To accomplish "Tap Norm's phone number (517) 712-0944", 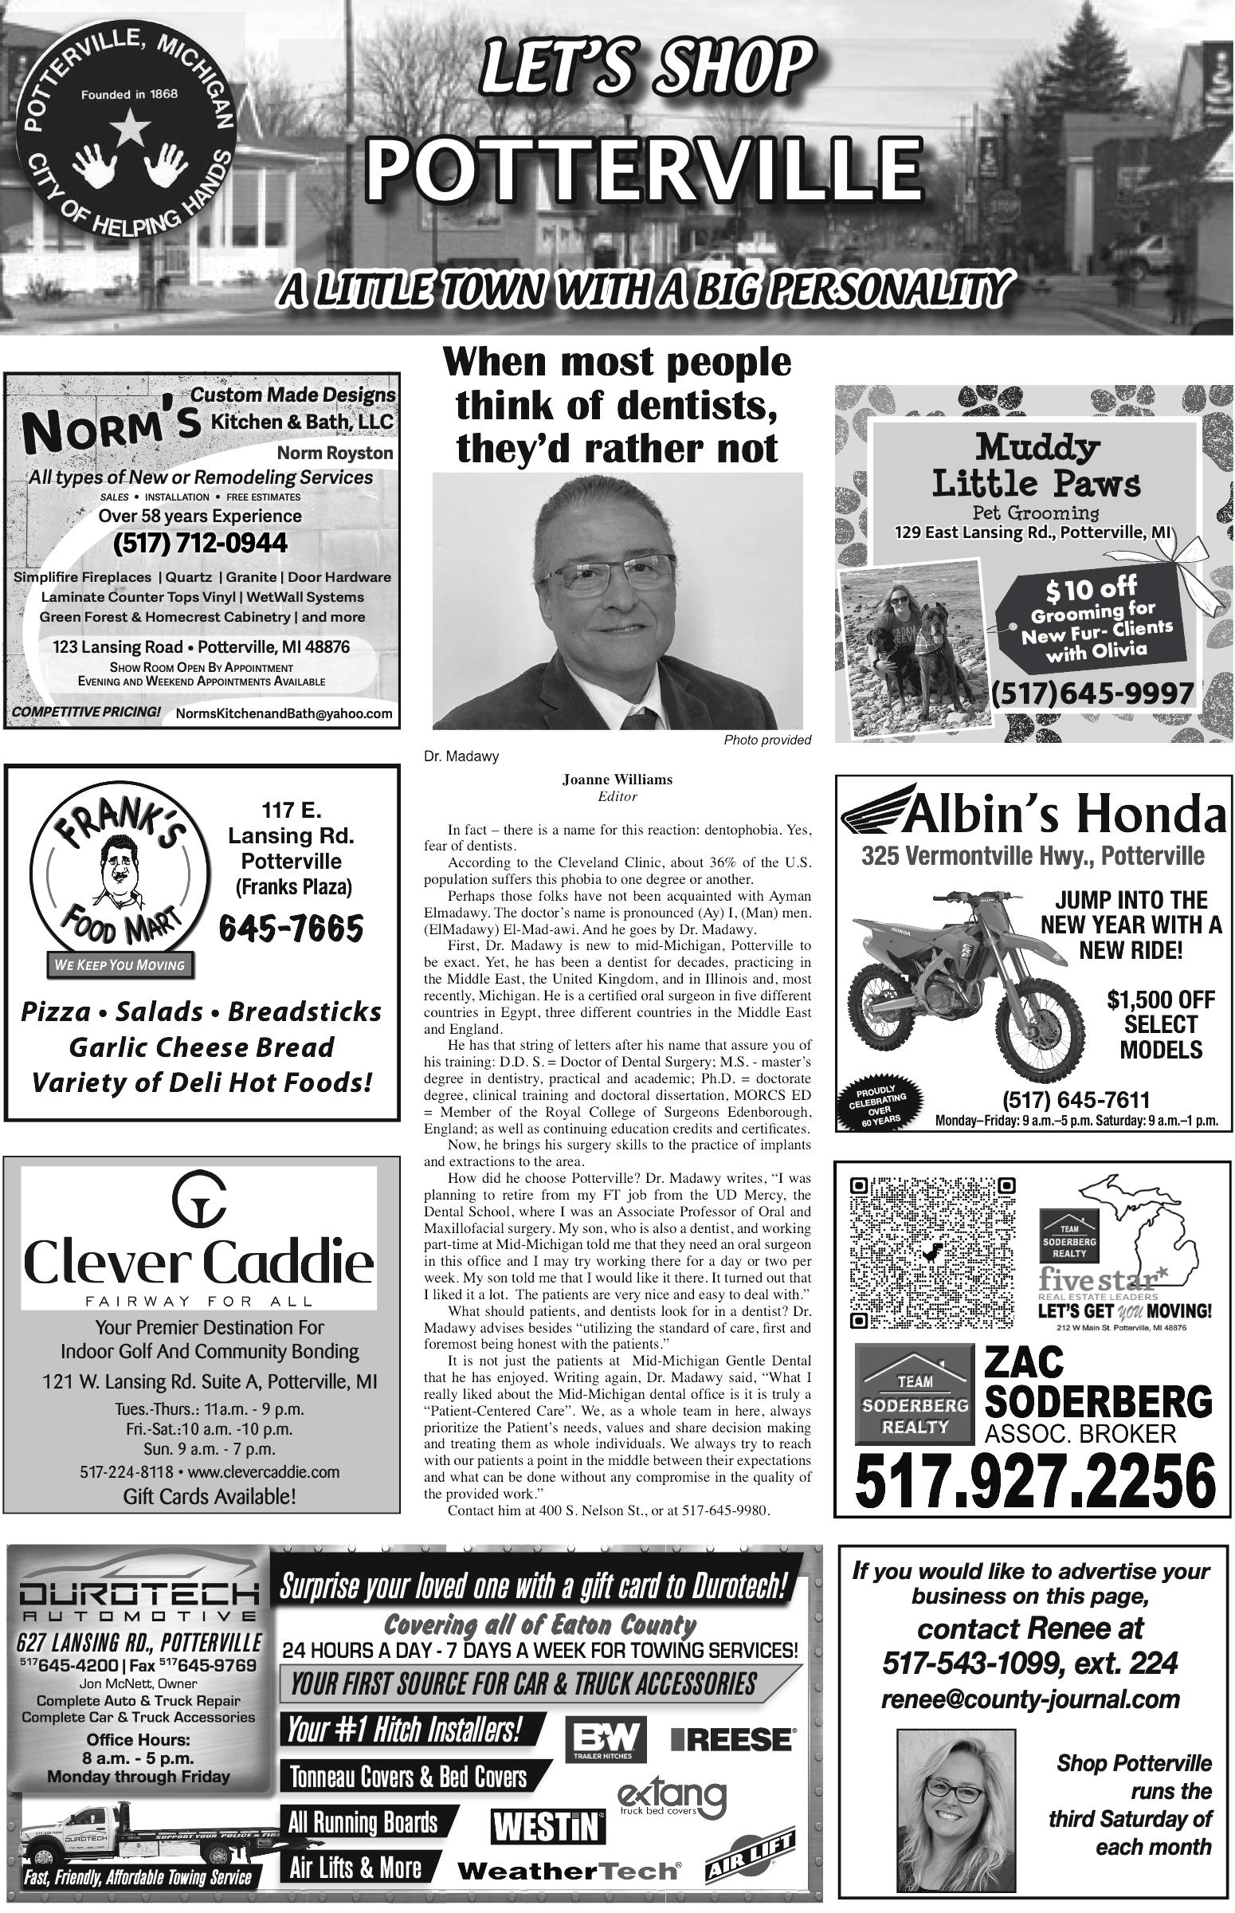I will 200,544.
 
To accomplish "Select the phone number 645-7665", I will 291,929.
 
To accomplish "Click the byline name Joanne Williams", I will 617,780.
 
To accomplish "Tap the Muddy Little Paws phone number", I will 1093,693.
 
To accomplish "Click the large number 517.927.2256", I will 1034,1482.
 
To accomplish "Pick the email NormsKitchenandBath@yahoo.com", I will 284,713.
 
